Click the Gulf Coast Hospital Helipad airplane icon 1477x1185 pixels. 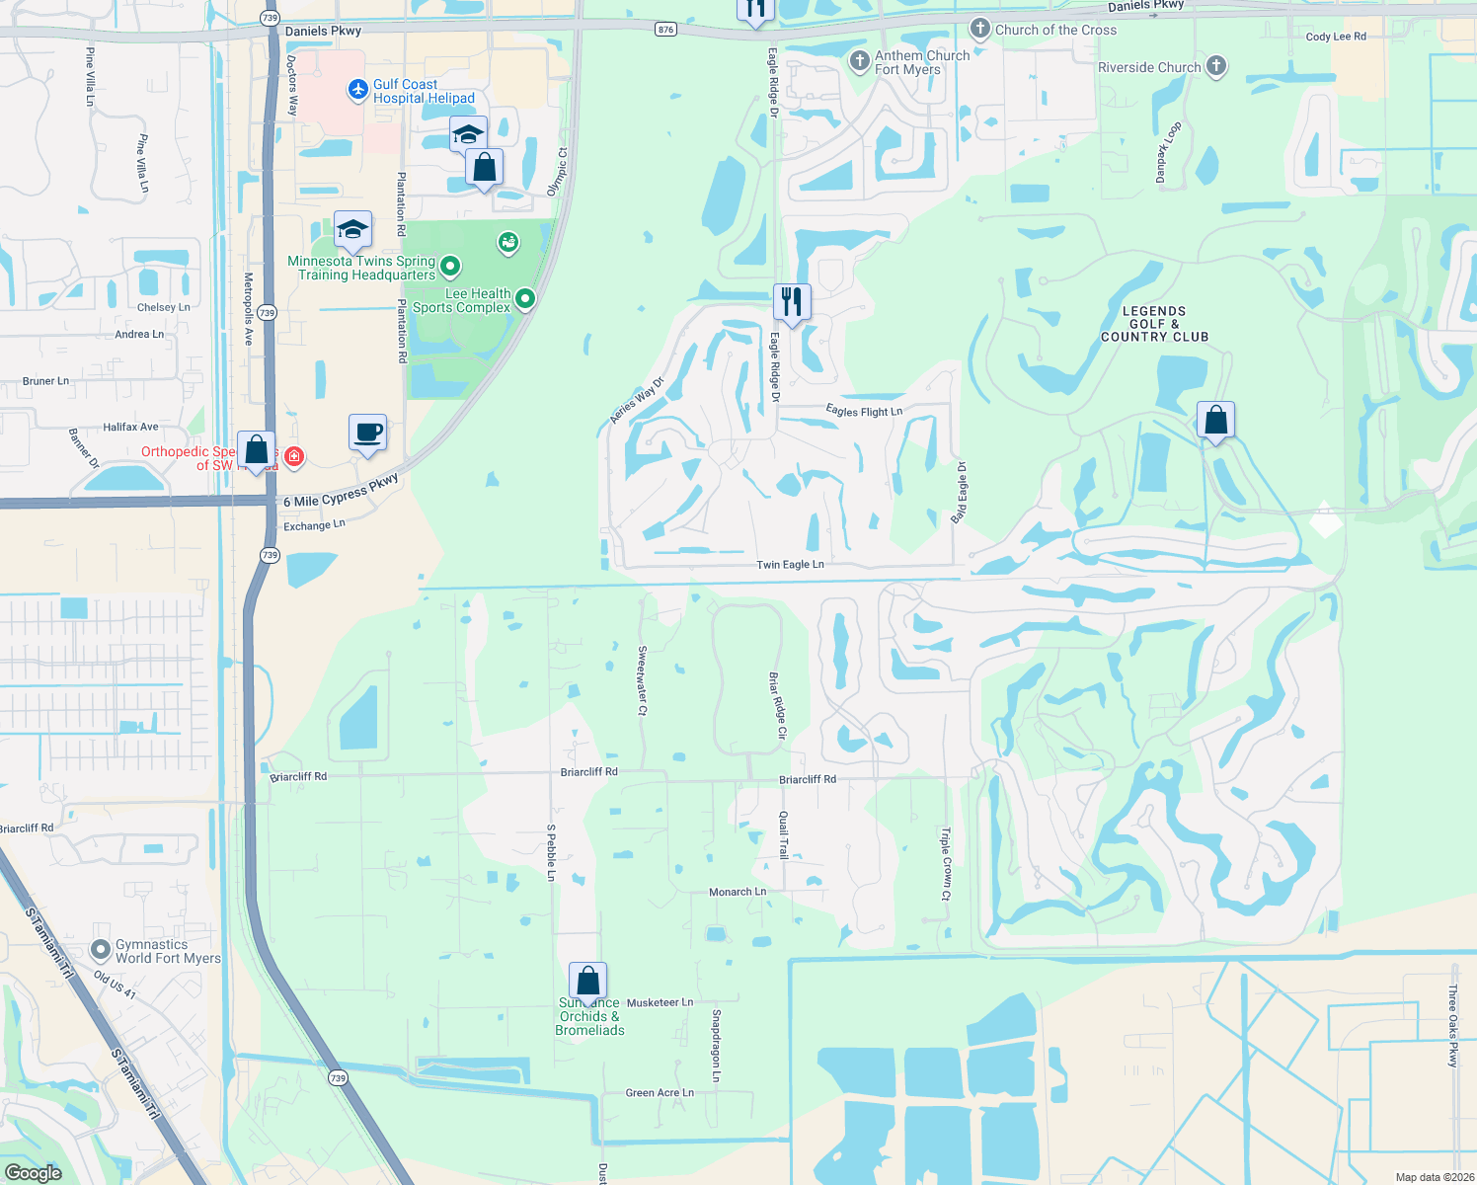(358, 91)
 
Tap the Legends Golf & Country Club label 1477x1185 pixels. (1154, 324)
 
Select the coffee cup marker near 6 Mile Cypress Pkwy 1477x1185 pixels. (368, 433)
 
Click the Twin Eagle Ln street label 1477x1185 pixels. (790, 565)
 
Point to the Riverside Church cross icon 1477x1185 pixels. (1216, 66)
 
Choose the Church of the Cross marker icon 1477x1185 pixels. (979, 29)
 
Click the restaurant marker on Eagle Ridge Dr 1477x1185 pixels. (791, 301)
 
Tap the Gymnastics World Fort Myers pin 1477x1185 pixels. (100, 950)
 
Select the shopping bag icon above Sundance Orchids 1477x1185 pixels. (587, 981)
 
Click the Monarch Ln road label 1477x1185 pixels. (738, 892)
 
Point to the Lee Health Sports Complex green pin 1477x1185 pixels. (525, 298)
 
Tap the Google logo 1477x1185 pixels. (34, 1172)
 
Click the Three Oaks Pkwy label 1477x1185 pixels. (1452, 1026)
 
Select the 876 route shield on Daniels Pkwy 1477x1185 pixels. (665, 30)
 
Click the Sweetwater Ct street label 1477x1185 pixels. (642, 680)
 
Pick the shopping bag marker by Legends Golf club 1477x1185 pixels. (1216, 420)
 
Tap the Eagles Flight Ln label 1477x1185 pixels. (864, 411)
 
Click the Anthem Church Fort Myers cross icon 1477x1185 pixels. (859, 61)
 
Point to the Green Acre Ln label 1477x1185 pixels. (660, 1093)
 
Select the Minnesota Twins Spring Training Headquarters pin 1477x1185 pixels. (450, 265)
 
